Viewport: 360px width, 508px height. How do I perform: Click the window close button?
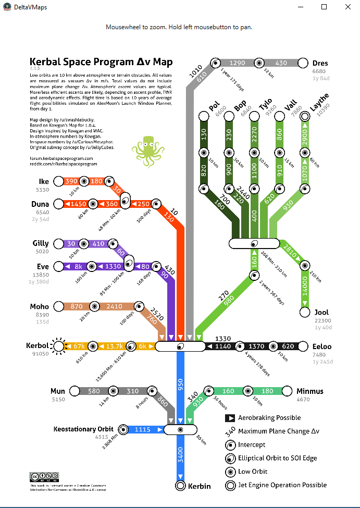click(x=347, y=7)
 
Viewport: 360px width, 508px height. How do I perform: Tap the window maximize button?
click(x=324, y=7)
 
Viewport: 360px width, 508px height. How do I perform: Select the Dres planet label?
click(x=320, y=63)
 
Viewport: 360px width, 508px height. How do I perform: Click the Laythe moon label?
click(x=319, y=102)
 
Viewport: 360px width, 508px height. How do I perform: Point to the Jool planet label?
click(x=321, y=313)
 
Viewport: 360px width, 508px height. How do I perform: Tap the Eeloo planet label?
click(x=321, y=346)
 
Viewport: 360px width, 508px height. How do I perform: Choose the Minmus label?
click(x=309, y=391)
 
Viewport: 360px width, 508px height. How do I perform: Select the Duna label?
click(x=40, y=204)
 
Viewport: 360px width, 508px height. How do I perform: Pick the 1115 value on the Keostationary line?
click(x=142, y=430)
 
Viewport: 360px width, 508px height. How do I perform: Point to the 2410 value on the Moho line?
click(x=115, y=306)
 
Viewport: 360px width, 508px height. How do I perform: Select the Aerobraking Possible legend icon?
click(x=230, y=418)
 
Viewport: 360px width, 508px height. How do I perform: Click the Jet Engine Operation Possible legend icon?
click(x=230, y=485)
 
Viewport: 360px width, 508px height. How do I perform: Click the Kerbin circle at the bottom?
click(x=180, y=486)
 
